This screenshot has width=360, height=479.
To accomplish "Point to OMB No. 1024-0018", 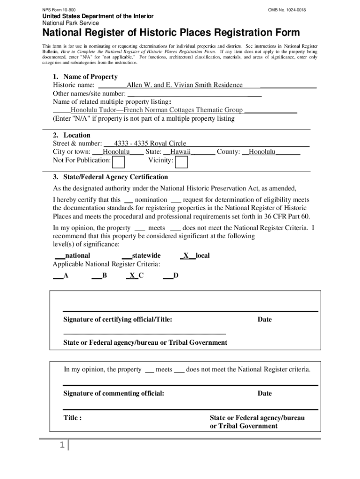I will point(287,10).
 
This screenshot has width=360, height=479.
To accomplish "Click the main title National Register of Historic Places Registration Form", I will point(171,33).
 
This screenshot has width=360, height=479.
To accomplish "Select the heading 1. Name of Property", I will point(85,77).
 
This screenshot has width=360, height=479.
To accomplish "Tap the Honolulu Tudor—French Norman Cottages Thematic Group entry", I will point(156,110).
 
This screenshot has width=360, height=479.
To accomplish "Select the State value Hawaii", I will point(180,152).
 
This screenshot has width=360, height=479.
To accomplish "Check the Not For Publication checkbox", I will point(119,162).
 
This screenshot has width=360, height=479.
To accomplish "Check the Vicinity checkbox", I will point(181,162).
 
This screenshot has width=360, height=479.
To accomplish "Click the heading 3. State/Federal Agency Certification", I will point(110,177).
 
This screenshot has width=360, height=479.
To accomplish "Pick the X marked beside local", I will point(186,255).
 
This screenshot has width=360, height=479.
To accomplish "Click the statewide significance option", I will point(146,255).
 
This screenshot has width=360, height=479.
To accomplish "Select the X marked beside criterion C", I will point(132,276).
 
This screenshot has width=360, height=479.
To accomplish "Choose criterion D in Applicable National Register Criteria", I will point(175,276).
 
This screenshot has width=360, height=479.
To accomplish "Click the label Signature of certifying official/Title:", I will point(118,319).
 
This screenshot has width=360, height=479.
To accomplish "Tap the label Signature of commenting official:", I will point(114,393).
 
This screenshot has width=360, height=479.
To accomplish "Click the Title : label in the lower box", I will point(73,418).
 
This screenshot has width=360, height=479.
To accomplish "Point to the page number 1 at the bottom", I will point(61,446).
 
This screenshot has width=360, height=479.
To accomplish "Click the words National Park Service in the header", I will point(71,23).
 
